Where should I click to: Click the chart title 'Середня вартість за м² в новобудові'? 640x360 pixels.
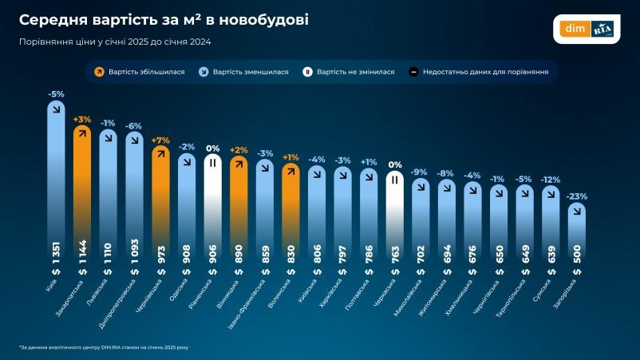[164, 18]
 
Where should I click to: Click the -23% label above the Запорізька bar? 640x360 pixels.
[576, 196]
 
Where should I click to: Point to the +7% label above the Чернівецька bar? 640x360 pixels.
[160, 140]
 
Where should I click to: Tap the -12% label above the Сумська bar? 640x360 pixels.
[550, 179]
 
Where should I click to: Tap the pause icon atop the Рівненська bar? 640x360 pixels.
[212, 163]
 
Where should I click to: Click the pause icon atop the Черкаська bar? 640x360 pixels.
[394, 180]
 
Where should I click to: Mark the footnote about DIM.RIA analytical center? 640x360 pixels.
[104, 348]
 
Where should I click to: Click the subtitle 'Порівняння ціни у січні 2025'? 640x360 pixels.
[115, 42]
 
